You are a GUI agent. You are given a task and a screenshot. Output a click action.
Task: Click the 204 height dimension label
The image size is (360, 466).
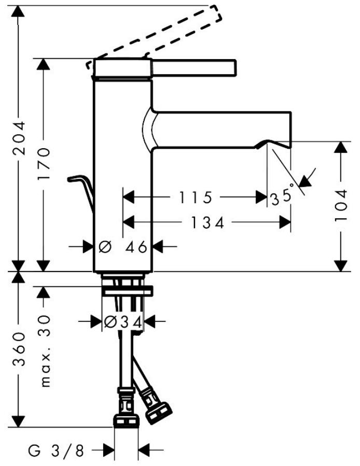(x=19, y=138)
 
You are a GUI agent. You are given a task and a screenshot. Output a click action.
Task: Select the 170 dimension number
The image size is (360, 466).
(x=44, y=164)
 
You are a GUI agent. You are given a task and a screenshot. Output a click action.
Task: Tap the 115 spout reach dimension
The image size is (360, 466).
(x=196, y=197)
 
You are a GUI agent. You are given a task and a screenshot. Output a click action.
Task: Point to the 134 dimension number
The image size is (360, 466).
(x=207, y=222)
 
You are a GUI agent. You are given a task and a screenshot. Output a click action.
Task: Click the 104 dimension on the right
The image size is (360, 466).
(x=341, y=205)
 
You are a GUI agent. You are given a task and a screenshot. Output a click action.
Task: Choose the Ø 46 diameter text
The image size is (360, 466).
(x=122, y=247)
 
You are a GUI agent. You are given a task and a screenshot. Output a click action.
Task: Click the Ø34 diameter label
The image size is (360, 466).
(x=122, y=321)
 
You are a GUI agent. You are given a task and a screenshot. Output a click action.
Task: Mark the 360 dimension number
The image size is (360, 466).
(x=19, y=349)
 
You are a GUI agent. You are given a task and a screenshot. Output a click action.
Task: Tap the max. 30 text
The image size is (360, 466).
(x=45, y=351)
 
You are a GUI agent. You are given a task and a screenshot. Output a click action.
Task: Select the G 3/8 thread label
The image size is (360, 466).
(x=56, y=451)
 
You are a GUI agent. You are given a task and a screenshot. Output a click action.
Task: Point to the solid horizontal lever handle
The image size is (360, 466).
(x=193, y=67)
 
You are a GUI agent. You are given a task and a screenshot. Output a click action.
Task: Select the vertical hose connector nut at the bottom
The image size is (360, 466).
(x=127, y=421)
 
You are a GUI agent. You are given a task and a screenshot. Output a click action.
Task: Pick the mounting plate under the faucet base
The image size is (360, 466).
(x=127, y=291)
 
